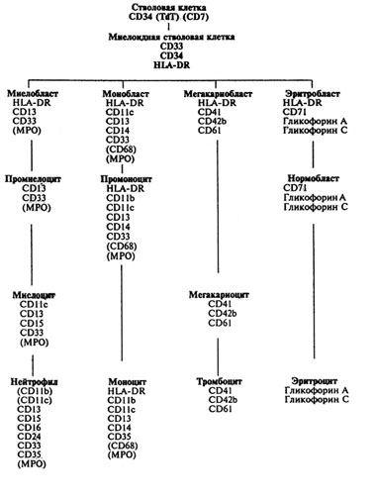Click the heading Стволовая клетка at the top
point(169,7)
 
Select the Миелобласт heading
point(33,93)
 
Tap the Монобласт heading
point(126,94)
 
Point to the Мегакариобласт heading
point(218,94)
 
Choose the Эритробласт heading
point(313,93)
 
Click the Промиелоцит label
point(33,179)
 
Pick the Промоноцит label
point(127,179)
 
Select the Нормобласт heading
point(314,178)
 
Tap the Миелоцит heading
point(34,295)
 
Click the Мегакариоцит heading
point(219,295)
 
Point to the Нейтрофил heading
point(35,382)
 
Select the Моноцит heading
point(128,382)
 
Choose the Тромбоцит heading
point(220,381)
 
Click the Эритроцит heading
point(315,381)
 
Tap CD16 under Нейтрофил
point(29,428)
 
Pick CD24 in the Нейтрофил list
point(29,437)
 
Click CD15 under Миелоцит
point(32,324)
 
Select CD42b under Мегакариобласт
point(212,121)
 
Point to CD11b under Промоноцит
point(121,198)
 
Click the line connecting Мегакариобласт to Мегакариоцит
point(218,206)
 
